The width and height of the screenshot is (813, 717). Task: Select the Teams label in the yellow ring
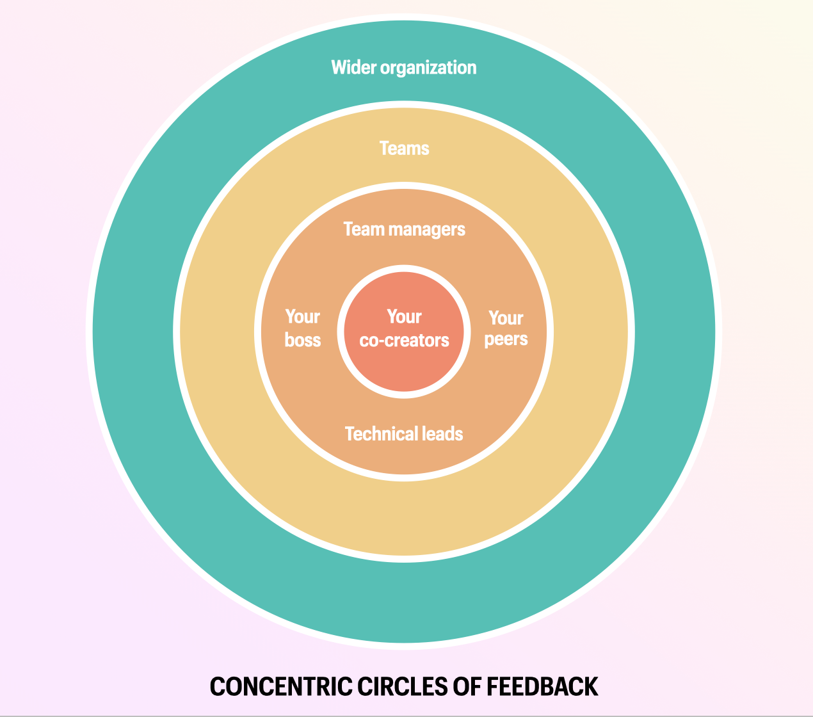pyautogui.click(x=404, y=149)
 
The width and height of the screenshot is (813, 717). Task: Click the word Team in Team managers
pyautogui.click(x=363, y=229)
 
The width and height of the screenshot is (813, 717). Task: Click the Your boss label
pyautogui.click(x=302, y=328)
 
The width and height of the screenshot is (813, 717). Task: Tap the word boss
pyautogui.click(x=302, y=340)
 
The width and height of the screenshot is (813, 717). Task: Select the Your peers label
pyautogui.click(x=506, y=328)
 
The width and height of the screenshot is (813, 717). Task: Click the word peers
pyautogui.click(x=506, y=339)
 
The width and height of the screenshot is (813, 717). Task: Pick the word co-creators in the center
pyautogui.click(x=404, y=341)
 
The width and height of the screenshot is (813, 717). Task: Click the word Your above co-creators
pyautogui.click(x=404, y=317)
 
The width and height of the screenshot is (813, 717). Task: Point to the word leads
pyautogui.click(x=441, y=434)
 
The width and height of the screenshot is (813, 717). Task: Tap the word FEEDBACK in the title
pyautogui.click(x=542, y=687)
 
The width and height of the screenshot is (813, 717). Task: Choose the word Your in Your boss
pyautogui.click(x=302, y=317)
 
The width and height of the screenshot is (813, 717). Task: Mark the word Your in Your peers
pyautogui.click(x=506, y=318)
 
